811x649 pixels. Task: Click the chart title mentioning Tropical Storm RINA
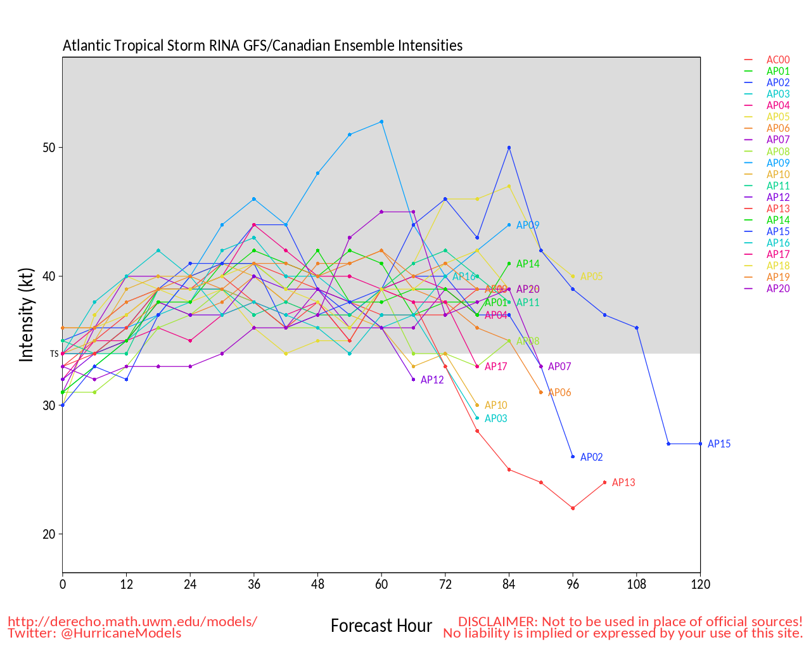pyautogui.click(x=262, y=46)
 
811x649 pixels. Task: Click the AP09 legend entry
pyautogui.click(x=777, y=163)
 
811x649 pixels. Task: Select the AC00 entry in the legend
pyautogui.click(x=777, y=60)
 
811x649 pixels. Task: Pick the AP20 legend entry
pyautogui.click(x=777, y=288)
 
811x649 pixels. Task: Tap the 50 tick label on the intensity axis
pyautogui.click(x=49, y=148)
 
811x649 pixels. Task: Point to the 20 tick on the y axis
pyautogui.click(x=49, y=534)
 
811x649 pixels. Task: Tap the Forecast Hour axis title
pyautogui.click(x=381, y=626)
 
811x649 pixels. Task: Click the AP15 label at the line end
pyautogui.click(x=718, y=444)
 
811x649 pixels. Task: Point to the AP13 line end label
pyautogui.click(x=623, y=483)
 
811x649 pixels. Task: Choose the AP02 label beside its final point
pyautogui.click(x=591, y=458)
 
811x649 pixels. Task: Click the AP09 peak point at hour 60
pyautogui.click(x=381, y=122)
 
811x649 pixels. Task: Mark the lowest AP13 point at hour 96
pyautogui.click(x=573, y=508)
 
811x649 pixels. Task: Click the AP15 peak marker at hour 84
pyautogui.click(x=509, y=148)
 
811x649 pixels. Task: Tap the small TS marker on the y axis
pyautogui.click(x=54, y=354)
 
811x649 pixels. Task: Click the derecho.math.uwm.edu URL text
pyautogui.click(x=132, y=621)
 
